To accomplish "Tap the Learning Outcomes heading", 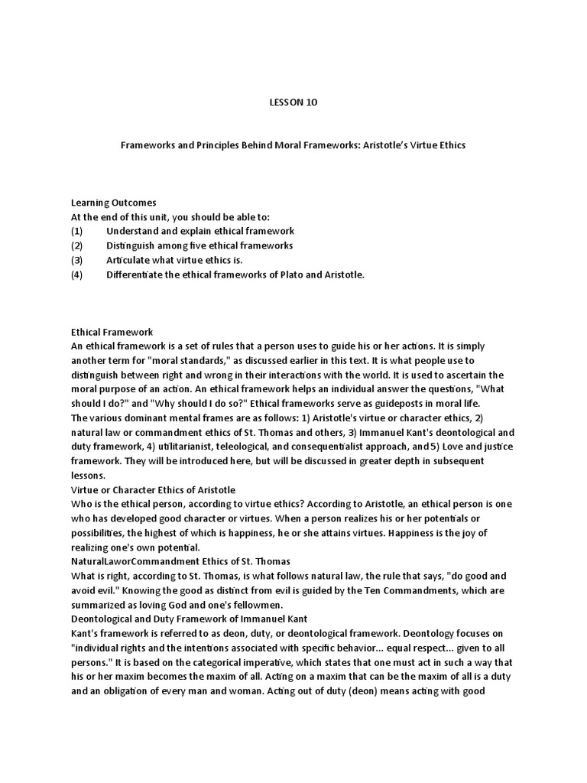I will (x=114, y=203).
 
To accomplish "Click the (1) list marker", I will (x=76, y=231).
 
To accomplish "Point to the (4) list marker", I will (x=76, y=275).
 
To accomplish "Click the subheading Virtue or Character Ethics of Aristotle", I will (x=153, y=489).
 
